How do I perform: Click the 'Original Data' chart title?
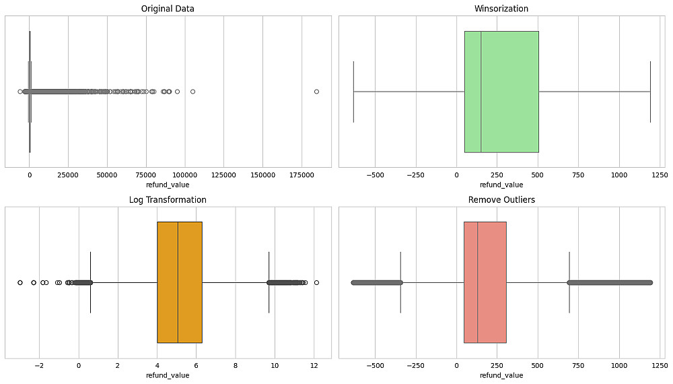pos(168,9)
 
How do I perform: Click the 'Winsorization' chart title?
pos(501,9)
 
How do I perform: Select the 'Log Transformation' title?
pos(168,200)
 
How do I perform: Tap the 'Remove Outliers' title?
pos(501,200)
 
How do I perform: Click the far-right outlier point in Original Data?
pos(316,92)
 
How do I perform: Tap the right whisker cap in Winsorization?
pos(650,92)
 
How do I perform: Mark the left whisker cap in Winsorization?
pos(353,92)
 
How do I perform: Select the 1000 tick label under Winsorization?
pos(620,174)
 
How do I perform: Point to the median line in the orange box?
pos(178,282)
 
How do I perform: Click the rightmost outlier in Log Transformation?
pos(316,282)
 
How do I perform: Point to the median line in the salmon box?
pos(478,282)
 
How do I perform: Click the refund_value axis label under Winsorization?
pos(501,184)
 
